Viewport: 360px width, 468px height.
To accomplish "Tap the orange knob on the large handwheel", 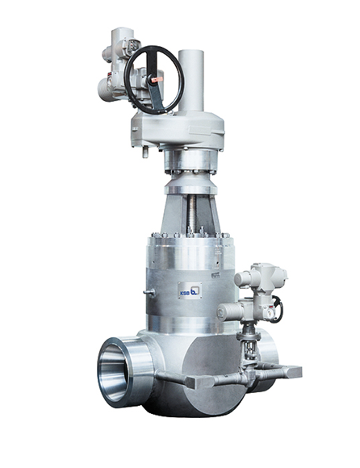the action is point(157,80).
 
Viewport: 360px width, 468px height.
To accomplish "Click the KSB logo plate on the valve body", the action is point(190,290).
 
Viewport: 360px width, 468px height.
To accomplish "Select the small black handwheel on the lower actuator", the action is point(277,309).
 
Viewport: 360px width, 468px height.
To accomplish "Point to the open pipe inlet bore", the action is point(114,373).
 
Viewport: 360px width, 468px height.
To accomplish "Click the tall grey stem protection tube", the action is point(191,81).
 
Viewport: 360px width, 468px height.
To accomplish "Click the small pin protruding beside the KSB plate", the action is point(149,292).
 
